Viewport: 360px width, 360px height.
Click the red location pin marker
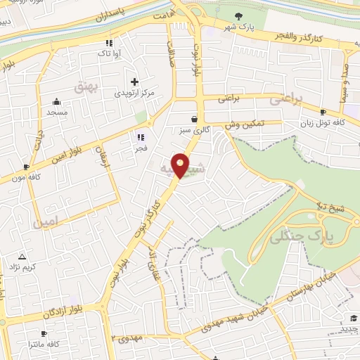pos(181,165)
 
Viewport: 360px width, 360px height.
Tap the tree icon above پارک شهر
pos(239,16)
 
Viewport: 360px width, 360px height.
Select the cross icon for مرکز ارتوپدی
pos(134,82)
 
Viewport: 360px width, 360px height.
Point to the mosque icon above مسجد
pos(56,102)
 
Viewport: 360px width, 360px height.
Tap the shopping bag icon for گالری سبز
pos(194,119)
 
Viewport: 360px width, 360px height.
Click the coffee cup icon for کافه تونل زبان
pos(323,112)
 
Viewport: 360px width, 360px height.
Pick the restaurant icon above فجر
pos(141,137)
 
